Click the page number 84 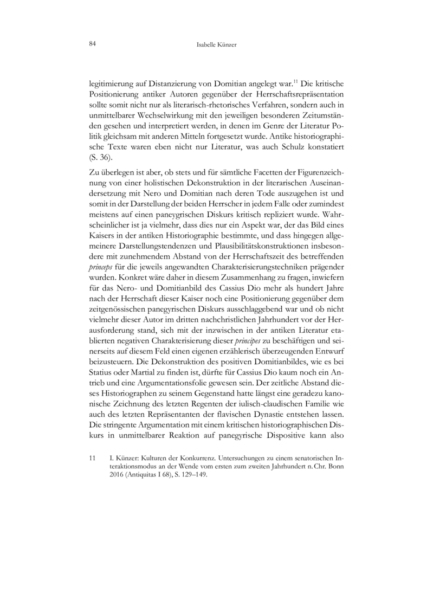coord(92,44)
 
